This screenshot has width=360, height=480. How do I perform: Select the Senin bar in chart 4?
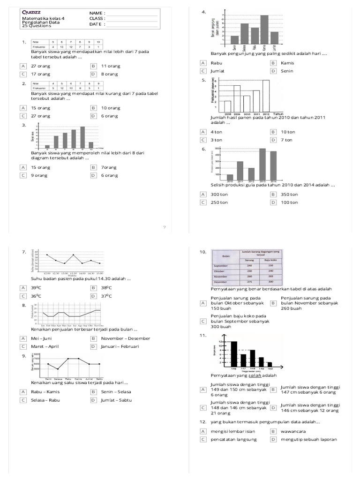click(x=234, y=40)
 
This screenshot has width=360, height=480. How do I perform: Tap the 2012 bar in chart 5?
click(x=266, y=97)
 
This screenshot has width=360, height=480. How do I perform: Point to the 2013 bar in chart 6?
click(x=262, y=164)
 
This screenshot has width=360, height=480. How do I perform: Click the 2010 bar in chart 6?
click(x=230, y=177)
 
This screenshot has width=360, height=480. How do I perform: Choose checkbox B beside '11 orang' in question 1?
click(x=94, y=66)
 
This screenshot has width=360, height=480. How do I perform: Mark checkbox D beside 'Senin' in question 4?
click(x=273, y=71)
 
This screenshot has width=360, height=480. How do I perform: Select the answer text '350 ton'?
click(x=289, y=194)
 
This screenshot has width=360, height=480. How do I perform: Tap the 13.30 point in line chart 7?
click(x=73, y=255)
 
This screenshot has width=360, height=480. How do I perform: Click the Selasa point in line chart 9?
click(x=58, y=369)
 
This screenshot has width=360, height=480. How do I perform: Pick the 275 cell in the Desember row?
click(x=249, y=282)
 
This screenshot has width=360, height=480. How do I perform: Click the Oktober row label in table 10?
click(x=220, y=271)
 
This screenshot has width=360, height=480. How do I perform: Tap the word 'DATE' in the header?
click(x=95, y=24)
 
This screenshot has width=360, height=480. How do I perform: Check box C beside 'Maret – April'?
click(x=23, y=346)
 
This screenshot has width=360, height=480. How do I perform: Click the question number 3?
click(x=23, y=125)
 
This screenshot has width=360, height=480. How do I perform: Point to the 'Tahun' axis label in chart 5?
click(x=279, y=114)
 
